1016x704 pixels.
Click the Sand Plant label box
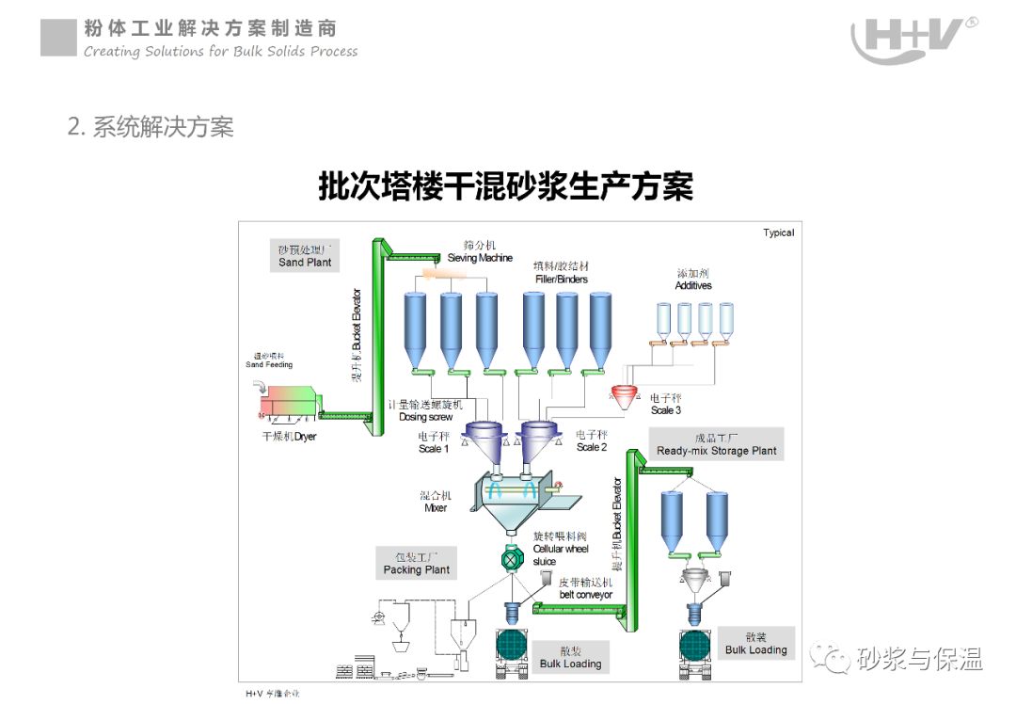tap(305, 256)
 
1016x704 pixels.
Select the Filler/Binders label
tap(562, 273)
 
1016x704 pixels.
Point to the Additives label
tap(693, 280)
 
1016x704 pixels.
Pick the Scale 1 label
tap(434, 442)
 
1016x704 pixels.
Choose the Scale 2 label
tap(592, 441)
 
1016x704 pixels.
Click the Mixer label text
tap(435, 502)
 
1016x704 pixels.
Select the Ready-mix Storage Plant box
tap(717, 444)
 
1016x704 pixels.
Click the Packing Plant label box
tap(417, 563)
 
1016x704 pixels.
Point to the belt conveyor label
tap(585, 588)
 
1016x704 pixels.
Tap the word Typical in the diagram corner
tap(778, 233)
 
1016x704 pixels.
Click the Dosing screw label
tap(425, 411)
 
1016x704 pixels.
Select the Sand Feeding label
tap(269, 360)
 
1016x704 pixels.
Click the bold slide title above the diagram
tap(505, 186)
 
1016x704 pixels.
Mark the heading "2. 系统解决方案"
tap(151, 127)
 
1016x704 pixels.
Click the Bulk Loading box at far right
tap(755, 644)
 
